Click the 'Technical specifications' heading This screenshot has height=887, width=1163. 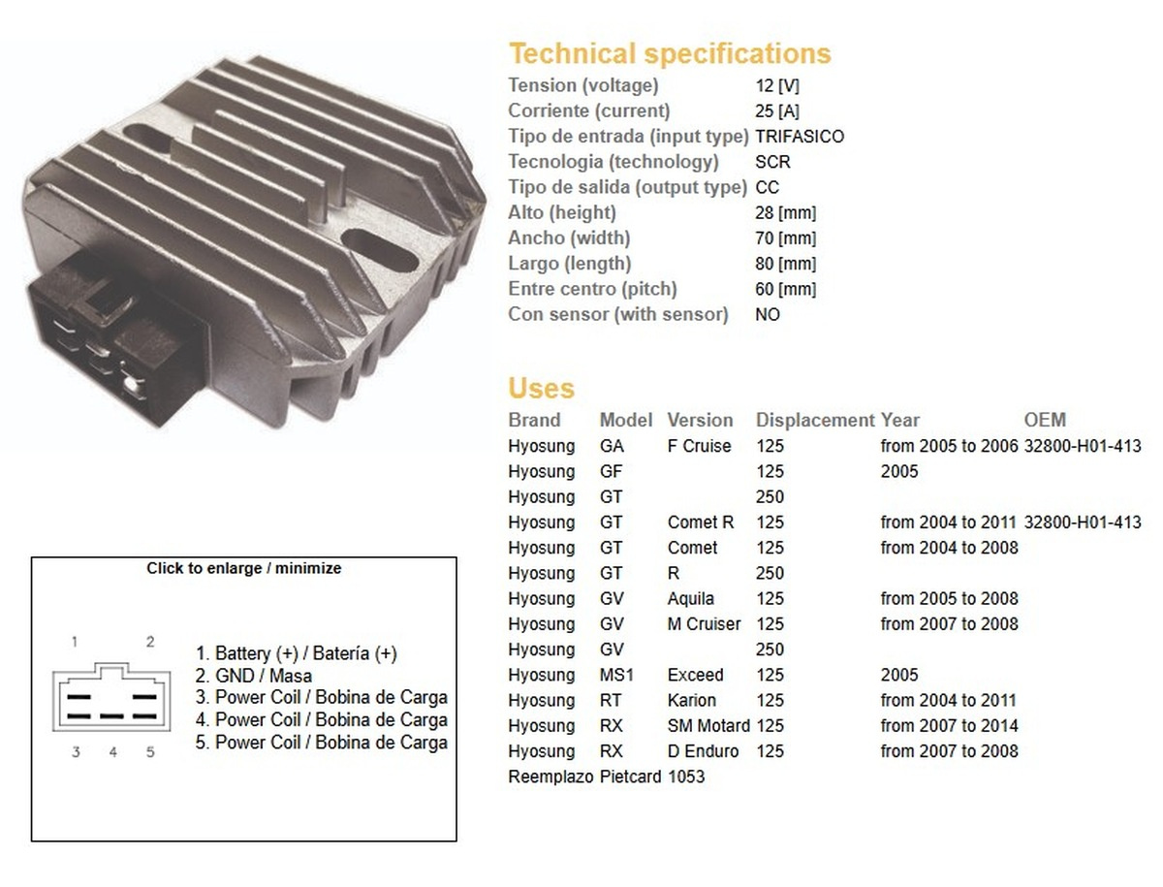670,54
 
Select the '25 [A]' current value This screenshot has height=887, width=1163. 776,111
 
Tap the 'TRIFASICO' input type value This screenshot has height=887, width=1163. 800,136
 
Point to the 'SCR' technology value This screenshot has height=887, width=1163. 772,162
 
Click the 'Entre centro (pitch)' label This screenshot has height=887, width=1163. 592,289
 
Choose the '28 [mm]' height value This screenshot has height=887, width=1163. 785,212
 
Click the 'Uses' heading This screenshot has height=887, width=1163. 541,388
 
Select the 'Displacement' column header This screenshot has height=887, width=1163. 815,420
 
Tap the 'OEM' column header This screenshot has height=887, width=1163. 1045,420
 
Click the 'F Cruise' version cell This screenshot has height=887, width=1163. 699,446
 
